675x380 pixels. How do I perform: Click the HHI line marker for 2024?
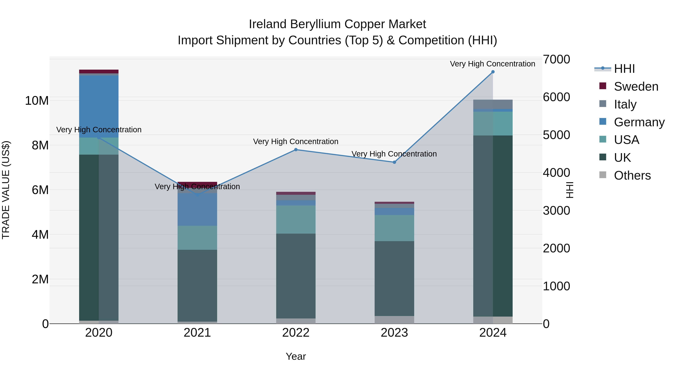click(493, 72)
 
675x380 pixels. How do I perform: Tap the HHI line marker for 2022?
click(296, 150)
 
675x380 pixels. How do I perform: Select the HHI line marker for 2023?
click(394, 162)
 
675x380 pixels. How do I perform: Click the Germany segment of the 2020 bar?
click(99, 106)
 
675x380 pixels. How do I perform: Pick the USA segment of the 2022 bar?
click(296, 220)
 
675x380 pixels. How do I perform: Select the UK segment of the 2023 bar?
click(394, 278)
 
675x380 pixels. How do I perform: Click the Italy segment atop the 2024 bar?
click(493, 104)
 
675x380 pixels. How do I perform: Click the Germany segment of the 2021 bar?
click(197, 209)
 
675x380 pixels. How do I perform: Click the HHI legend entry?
click(624, 69)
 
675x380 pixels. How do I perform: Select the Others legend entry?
click(632, 175)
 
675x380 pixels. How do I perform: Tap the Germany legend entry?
click(639, 122)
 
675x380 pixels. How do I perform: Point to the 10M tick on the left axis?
click(37, 101)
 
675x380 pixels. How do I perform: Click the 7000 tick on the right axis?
click(556, 59)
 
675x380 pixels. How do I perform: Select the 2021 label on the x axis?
click(197, 333)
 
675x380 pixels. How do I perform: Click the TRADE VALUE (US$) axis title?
click(6, 190)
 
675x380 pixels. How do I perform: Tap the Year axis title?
click(296, 356)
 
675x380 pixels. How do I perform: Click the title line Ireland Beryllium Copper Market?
click(337, 24)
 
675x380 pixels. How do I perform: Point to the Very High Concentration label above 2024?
click(492, 64)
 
